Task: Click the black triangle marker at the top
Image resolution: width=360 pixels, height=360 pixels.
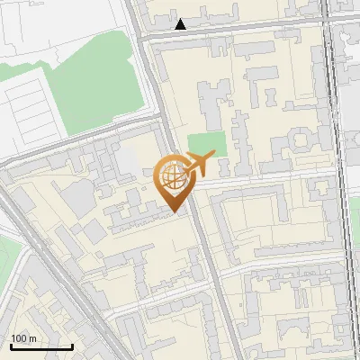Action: [181, 24]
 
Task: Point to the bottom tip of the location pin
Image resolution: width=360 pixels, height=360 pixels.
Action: [173, 211]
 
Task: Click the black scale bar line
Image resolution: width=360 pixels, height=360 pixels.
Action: [40, 346]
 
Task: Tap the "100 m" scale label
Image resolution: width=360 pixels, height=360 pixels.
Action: [23, 337]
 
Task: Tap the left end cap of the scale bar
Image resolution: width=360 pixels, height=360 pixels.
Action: [11, 346]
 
